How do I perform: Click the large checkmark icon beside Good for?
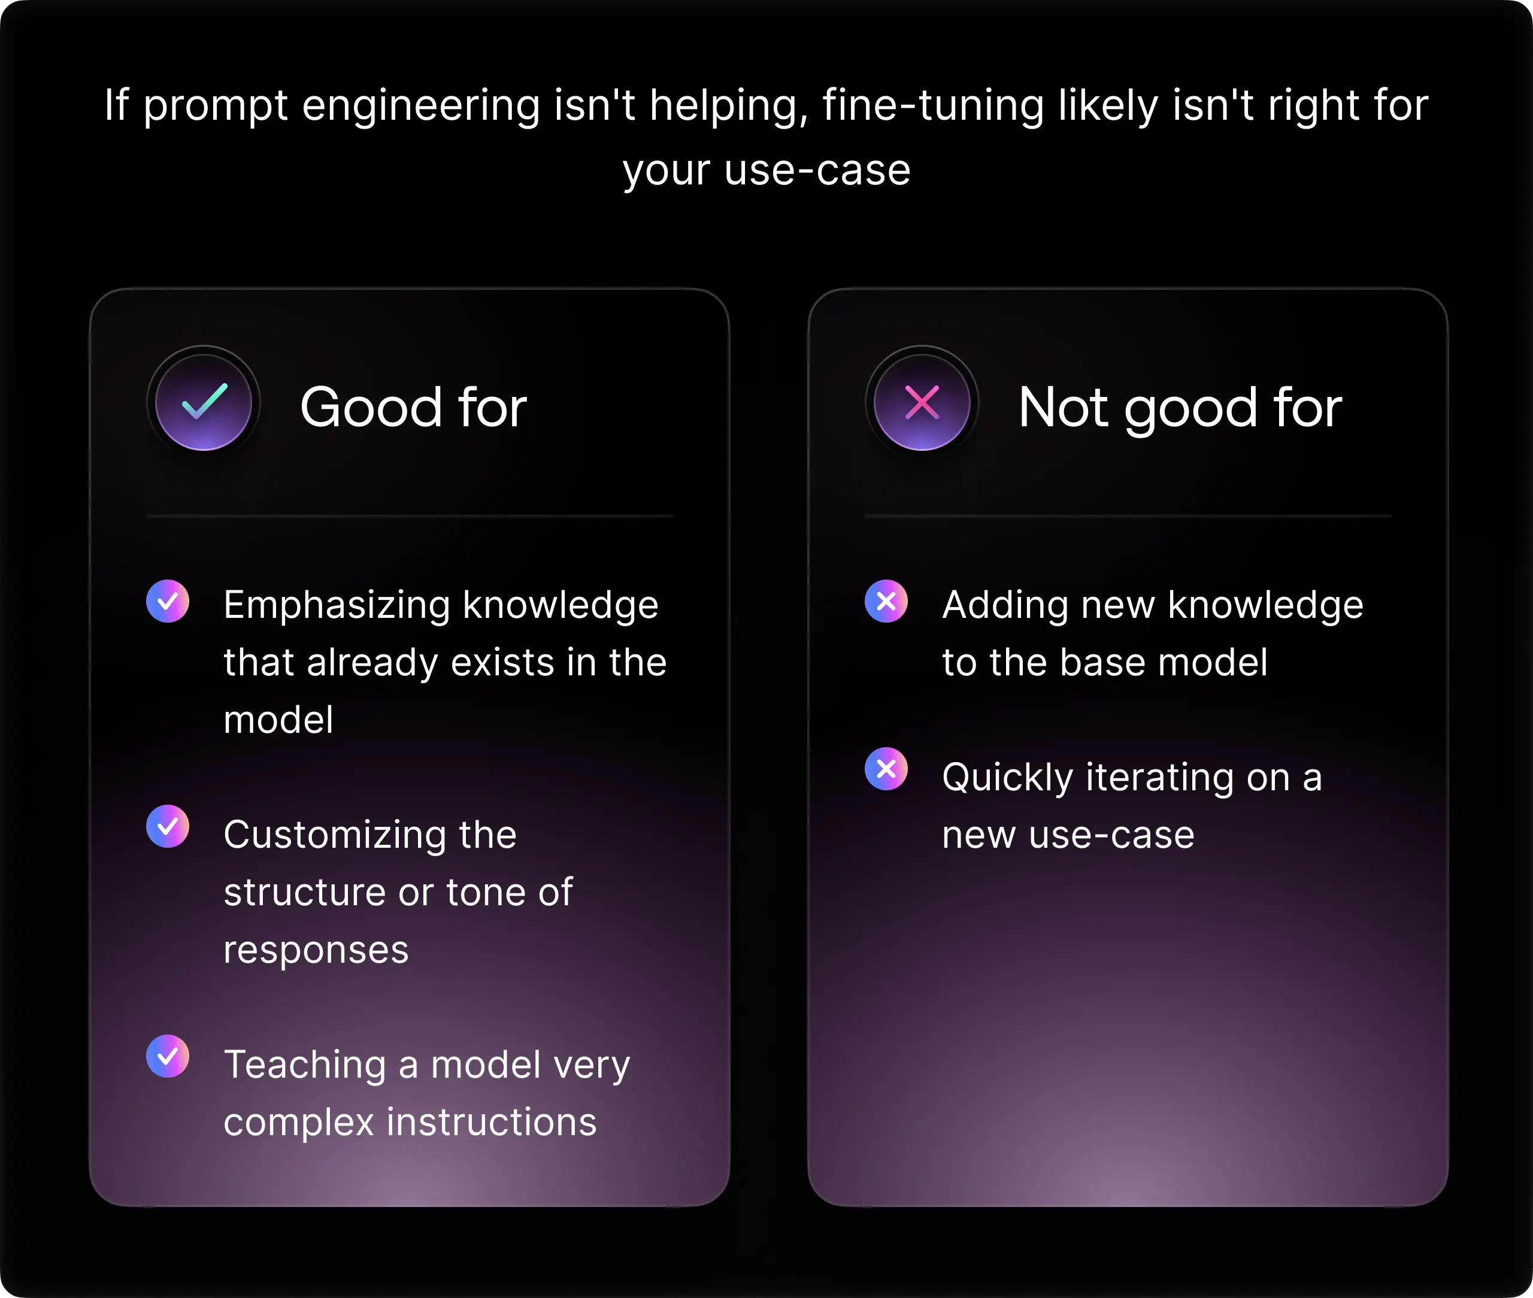point(204,402)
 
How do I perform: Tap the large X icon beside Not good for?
point(922,402)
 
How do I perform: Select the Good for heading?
point(414,407)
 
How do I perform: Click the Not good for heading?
point(1180,407)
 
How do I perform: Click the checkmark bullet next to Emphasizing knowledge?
point(168,601)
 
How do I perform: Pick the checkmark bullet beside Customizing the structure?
point(168,826)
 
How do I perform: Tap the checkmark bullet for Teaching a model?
point(168,1057)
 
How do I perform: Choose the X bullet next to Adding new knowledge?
point(886,601)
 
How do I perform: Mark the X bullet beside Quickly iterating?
point(886,769)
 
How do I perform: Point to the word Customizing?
point(335,836)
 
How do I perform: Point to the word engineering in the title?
point(421,106)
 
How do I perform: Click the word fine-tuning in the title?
point(933,106)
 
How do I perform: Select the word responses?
point(316,951)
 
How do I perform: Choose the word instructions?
point(492,1122)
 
